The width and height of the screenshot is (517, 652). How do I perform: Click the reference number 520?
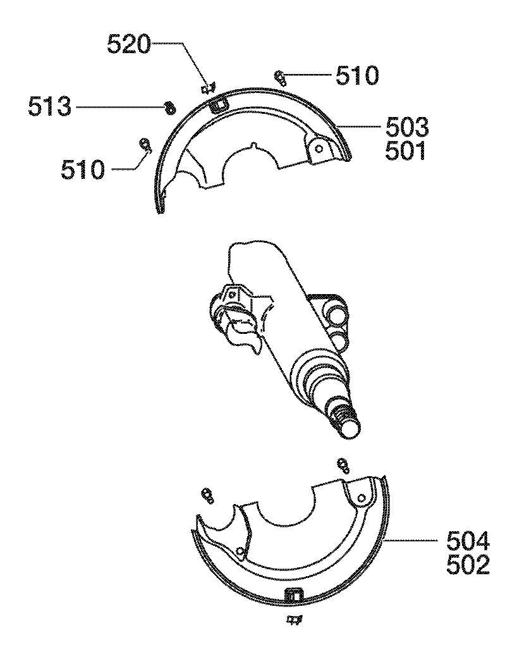pyautogui.click(x=129, y=44)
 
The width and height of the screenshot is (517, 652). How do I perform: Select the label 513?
pyautogui.click(x=50, y=108)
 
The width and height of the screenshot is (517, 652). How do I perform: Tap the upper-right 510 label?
pyautogui.click(x=357, y=76)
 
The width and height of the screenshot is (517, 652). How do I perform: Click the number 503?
pyautogui.click(x=407, y=128)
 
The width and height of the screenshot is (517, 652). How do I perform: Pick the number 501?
pyautogui.click(x=406, y=151)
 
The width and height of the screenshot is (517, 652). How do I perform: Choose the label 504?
pyautogui.click(x=468, y=542)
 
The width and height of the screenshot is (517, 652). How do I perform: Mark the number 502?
pyautogui.click(x=468, y=565)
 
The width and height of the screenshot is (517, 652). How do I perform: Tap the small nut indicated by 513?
pyautogui.click(x=169, y=108)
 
